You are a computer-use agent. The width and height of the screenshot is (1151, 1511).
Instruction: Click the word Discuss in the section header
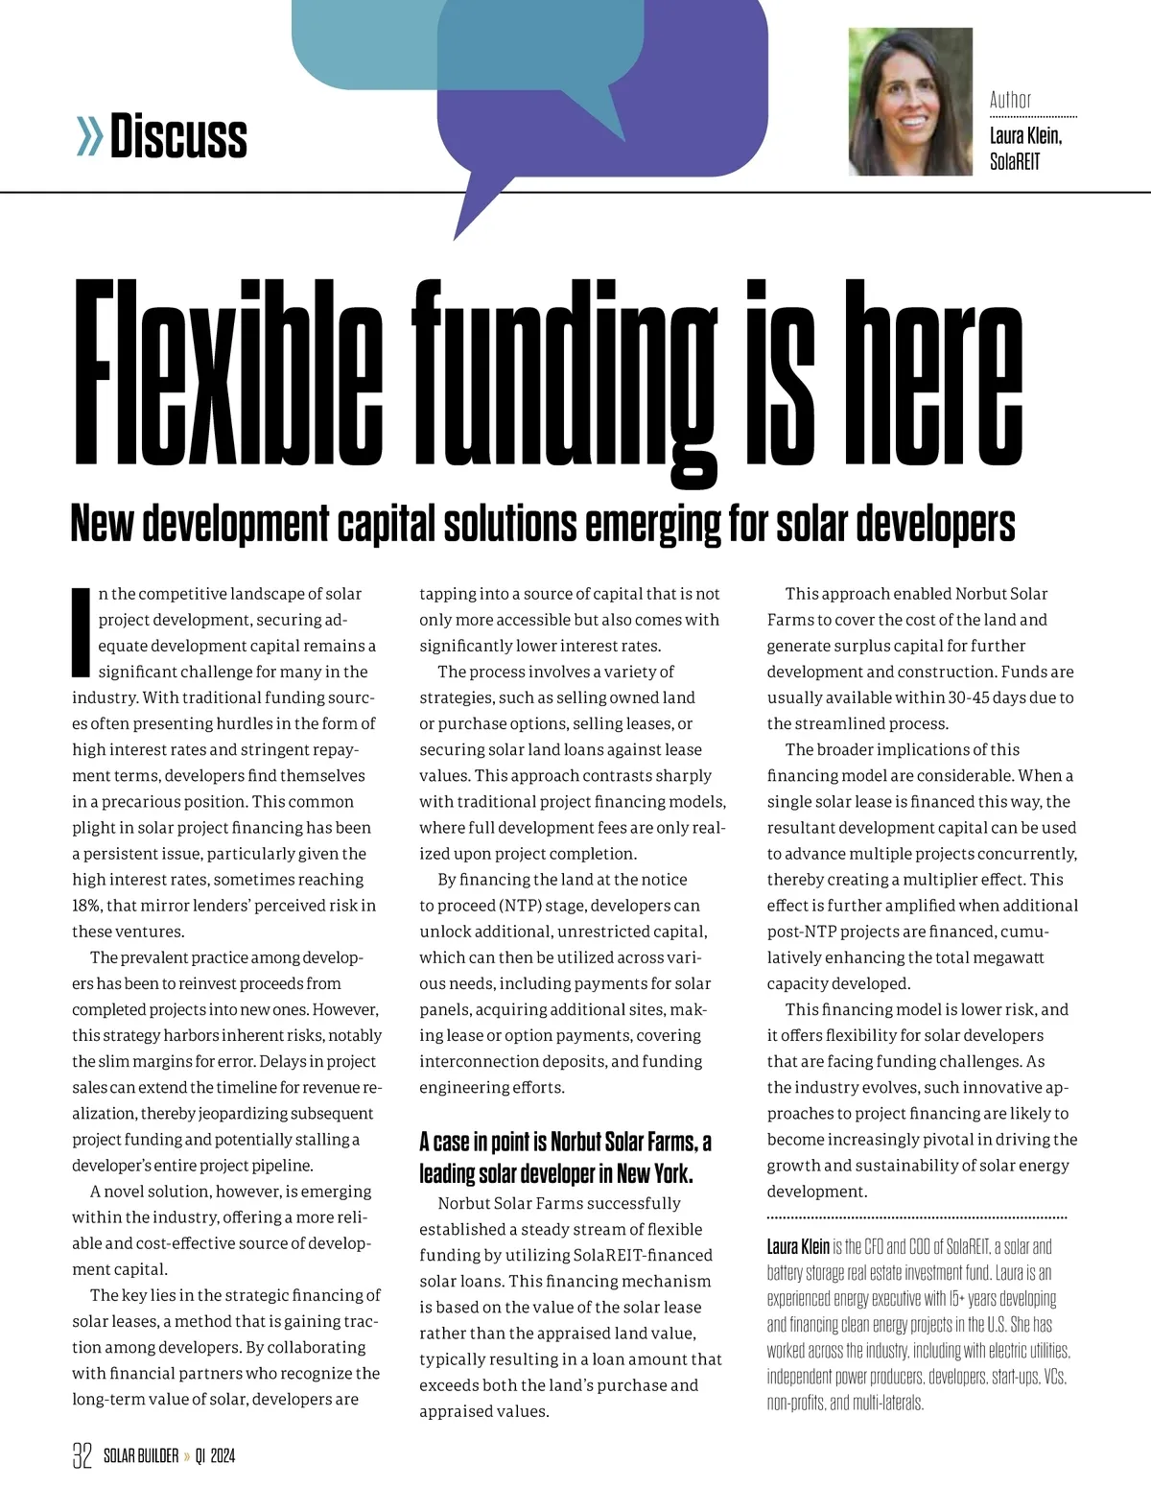pyautogui.click(x=179, y=136)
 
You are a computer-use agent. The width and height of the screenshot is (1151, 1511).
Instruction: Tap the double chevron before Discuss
pyautogui.click(x=89, y=137)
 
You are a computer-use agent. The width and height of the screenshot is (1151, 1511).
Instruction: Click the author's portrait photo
pyautogui.click(x=910, y=102)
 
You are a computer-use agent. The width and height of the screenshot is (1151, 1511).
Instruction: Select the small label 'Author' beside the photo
pyautogui.click(x=1010, y=100)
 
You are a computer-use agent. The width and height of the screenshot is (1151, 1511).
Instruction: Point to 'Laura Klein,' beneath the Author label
pyautogui.click(x=1025, y=135)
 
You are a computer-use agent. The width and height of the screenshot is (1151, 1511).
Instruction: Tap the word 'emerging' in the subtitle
pyautogui.click(x=652, y=524)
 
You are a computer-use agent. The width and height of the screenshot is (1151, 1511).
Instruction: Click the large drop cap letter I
pyautogui.click(x=82, y=631)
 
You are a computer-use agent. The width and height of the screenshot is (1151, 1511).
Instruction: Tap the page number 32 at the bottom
pyautogui.click(x=82, y=1455)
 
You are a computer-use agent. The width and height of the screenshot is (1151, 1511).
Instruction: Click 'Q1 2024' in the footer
pyautogui.click(x=215, y=1456)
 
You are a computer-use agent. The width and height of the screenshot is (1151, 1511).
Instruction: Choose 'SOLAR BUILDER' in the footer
pyautogui.click(x=141, y=1456)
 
